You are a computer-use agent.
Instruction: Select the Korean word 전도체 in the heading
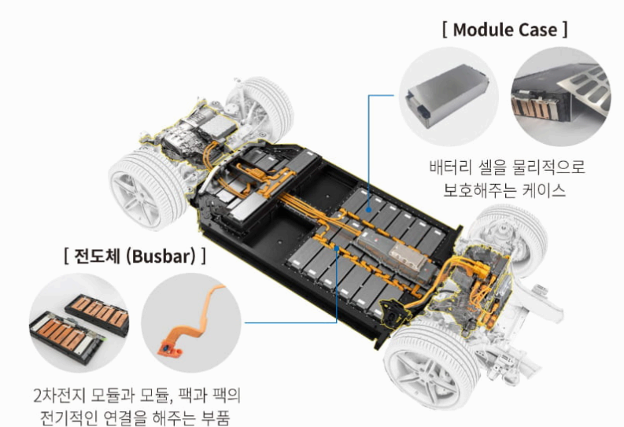[x=98, y=256]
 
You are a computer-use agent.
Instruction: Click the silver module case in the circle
[x=448, y=95]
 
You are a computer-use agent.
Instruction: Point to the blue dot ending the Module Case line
[x=369, y=209]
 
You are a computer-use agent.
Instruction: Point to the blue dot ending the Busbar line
[x=337, y=248]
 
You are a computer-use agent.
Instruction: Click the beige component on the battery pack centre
[x=408, y=256]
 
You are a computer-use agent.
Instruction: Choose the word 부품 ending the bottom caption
[x=216, y=418]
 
